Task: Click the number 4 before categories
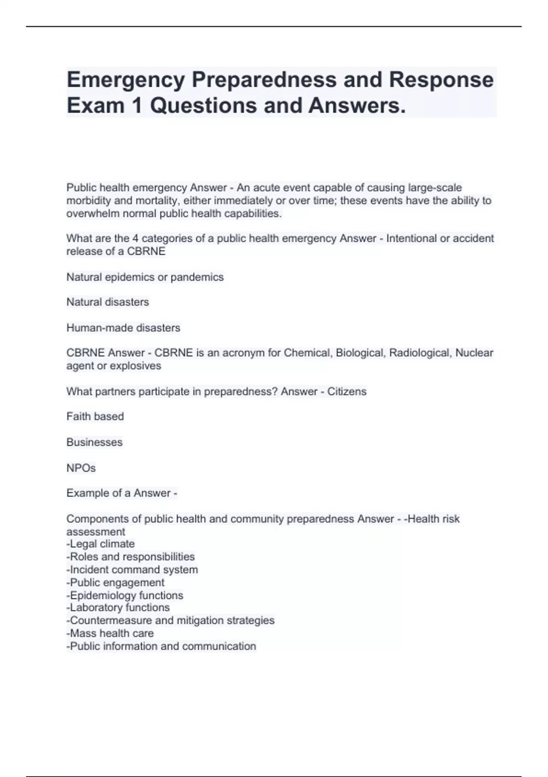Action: (136, 239)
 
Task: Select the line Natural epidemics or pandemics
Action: (145, 277)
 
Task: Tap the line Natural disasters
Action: (108, 302)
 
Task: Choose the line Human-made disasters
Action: (123, 328)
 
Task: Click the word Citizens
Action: (347, 391)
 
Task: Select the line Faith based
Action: (95, 416)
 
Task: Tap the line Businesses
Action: (95, 442)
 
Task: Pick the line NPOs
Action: (81, 468)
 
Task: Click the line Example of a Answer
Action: (121, 493)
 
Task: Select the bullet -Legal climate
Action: (100, 544)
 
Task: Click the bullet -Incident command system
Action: (132, 569)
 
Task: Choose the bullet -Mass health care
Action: (110, 633)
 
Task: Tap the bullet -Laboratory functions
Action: (118, 607)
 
